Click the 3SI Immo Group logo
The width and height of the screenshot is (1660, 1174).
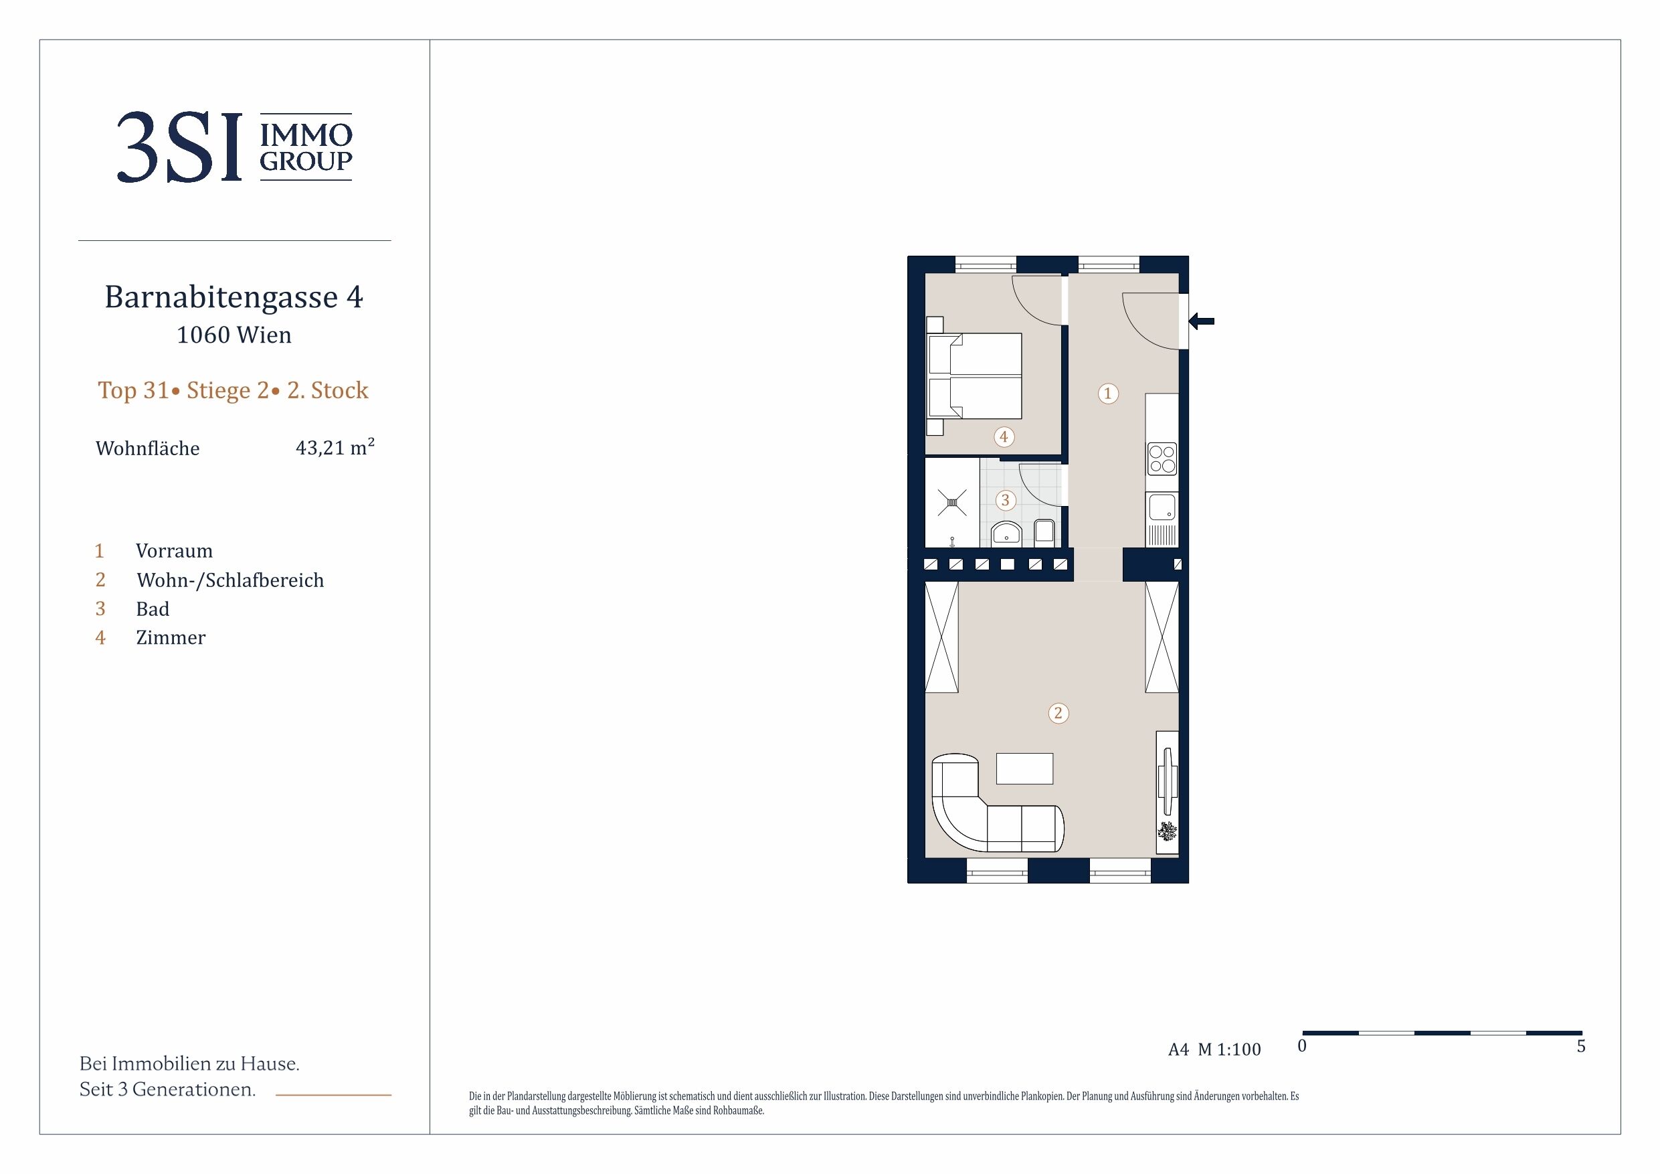[x=234, y=147]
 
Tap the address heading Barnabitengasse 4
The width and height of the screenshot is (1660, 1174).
[x=234, y=297]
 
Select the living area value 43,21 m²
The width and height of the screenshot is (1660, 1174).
[x=335, y=447]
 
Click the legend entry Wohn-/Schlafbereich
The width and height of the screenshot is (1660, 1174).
[x=230, y=580]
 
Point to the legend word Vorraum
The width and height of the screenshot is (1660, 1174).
[x=174, y=552]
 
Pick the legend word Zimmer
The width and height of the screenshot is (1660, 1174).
[x=171, y=638]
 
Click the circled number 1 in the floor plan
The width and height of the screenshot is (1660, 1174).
[x=1107, y=394]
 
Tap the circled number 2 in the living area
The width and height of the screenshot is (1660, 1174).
[x=1058, y=714]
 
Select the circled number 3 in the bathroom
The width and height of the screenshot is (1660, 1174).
[x=1005, y=500]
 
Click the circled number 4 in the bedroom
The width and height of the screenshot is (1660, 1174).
[x=1004, y=437]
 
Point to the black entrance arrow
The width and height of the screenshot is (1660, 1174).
[x=1202, y=321]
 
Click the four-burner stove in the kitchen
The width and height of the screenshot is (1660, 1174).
[x=1162, y=458]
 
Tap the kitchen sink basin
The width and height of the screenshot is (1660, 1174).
[x=1162, y=507]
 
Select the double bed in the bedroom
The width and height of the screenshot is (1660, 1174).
[x=974, y=376]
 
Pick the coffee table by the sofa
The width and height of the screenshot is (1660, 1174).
[x=1024, y=768]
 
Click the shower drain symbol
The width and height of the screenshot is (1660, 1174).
[x=952, y=503]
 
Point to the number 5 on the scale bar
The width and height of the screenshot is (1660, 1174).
[x=1581, y=1046]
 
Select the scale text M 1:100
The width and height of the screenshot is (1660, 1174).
[x=1229, y=1050]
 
